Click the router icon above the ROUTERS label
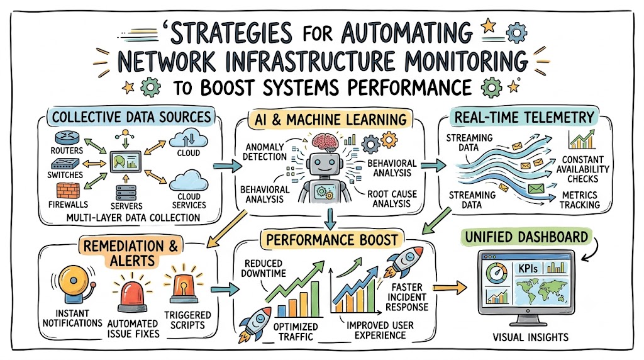point(67,138)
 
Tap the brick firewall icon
point(68,191)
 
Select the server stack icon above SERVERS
point(126,193)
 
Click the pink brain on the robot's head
point(325,142)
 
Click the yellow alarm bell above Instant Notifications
point(75,284)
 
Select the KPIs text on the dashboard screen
point(528,269)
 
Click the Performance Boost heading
point(332,240)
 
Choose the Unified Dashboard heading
point(526,237)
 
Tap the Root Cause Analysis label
point(392,198)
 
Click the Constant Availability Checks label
point(583,169)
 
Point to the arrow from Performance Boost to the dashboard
point(450,288)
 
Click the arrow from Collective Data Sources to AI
point(228,166)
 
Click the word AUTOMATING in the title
point(407,33)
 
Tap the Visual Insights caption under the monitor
point(531,337)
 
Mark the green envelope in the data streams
point(536,189)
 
